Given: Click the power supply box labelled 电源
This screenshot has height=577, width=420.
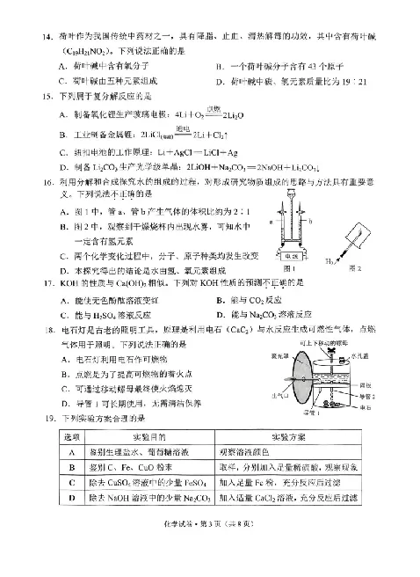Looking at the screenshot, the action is point(294,255).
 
